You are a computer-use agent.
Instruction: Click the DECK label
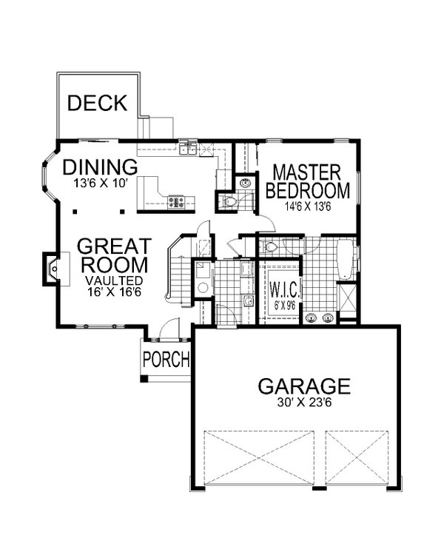coord(98,103)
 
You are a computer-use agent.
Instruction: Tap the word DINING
coord(100,166)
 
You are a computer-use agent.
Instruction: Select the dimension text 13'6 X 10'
coord(100,184)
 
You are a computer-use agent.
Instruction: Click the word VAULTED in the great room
coord(114,280)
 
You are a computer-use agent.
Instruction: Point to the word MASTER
coord(306,172)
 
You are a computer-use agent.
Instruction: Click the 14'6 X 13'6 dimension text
coord(308,206)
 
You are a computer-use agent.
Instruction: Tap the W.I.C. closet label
coord(285,290)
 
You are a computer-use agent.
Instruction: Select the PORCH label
coord(166,359)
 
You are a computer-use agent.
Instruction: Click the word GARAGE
coord(304,386)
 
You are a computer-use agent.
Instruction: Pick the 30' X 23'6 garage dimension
coord(304,403)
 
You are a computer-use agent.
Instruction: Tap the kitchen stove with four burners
coord(176,203)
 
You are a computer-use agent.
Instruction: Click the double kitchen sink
coord(188,148)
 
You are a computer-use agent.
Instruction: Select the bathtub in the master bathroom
coord(345,260)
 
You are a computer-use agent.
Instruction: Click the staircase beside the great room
coord(180,273)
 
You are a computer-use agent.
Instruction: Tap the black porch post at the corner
coord(144,378)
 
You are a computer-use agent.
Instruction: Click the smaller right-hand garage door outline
coord(357,457)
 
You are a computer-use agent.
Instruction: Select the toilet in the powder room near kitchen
coord(229,202)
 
